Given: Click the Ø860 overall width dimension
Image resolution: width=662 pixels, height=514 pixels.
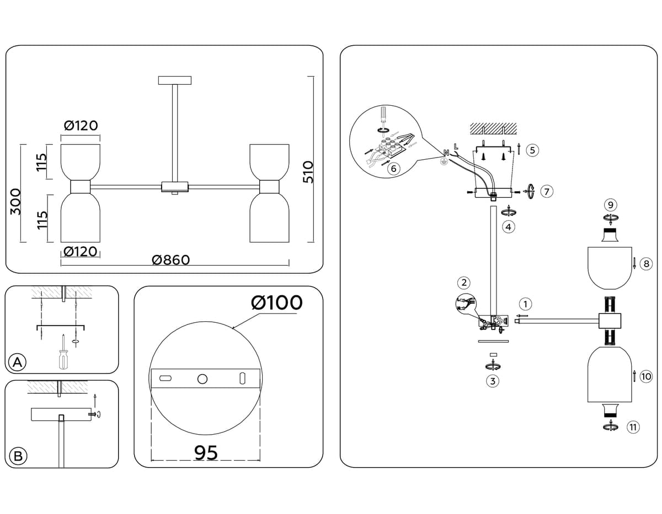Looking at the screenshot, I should pos(170,259).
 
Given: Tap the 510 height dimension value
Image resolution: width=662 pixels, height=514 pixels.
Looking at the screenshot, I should pos(308,172).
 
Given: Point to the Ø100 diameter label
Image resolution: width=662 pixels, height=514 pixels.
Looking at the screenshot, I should pos(276,302).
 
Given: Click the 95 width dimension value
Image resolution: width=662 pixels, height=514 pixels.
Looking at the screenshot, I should pos(206,453).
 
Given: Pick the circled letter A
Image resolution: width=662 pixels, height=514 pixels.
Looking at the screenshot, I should pos(18,362).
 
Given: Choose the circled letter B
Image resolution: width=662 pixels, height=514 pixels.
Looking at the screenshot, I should pos(18,456).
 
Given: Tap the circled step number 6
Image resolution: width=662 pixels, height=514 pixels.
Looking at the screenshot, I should pos(393,169).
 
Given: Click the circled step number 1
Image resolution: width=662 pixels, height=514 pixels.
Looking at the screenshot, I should pos(526,304).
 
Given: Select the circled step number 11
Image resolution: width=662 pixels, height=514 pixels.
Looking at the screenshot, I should pos(633,426).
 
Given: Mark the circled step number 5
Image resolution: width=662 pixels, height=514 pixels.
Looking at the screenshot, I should pos(532,150).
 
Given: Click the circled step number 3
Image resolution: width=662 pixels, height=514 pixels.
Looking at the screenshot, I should pos(493,380).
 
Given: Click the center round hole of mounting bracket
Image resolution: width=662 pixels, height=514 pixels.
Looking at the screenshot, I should pos(202,378).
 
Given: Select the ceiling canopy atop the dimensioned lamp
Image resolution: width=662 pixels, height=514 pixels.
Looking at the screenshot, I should pos(174,80).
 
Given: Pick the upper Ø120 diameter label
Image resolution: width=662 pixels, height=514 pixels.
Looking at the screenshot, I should pos(81,126).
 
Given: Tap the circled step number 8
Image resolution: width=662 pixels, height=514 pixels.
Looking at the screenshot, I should pos(646,264).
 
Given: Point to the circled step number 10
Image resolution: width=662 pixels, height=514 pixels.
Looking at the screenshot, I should pos(646,377).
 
